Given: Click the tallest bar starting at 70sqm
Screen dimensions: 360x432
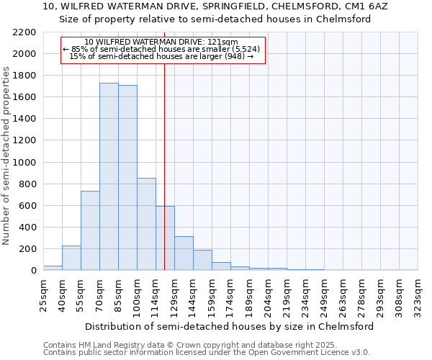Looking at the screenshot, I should click(x=109, y=176).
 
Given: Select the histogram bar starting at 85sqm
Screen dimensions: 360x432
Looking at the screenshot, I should click(x=127, y=178).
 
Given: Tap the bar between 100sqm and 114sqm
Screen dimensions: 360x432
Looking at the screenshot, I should click(x=146, y=224).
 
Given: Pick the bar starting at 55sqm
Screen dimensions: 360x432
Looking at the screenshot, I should click(x=90, y=230).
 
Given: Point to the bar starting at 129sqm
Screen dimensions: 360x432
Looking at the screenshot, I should click(x=184, y=253).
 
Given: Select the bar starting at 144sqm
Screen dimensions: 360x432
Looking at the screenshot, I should click(x=202, y=260).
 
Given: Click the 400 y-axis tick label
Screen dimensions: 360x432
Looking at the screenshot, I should click(x=28, y=228).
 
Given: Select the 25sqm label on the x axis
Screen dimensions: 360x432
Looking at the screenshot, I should click(x=43, y=292).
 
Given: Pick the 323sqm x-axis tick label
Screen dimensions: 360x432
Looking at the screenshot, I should click(x=418, y=292).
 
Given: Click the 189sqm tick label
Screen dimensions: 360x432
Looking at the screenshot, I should click(x=249, y=292).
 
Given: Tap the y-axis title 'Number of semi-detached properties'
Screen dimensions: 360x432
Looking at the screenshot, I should click(x=7, y=156).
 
